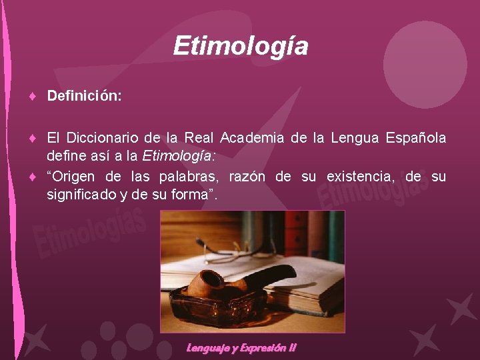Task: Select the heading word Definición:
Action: point(84,97)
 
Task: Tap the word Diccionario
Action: point(103,138)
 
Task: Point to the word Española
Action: point(416,138)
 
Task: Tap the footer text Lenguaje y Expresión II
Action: point(241,347)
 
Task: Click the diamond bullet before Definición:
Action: point(32,97)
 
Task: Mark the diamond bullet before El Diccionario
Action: point(32,139)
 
